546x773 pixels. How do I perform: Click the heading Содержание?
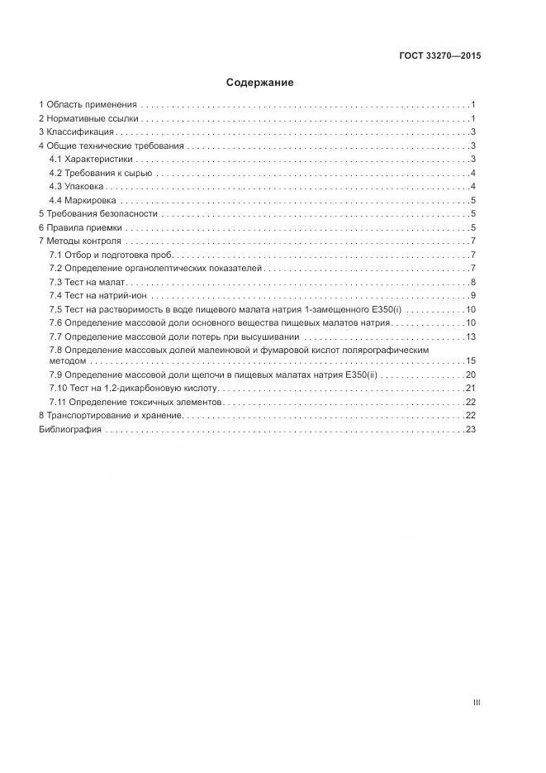click(259, 83)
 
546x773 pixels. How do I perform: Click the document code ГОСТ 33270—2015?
click(439, 56)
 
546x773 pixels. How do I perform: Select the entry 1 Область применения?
click(87, 105)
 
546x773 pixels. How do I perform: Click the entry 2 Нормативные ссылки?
click(88, 119)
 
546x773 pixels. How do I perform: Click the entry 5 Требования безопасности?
click(97, 213)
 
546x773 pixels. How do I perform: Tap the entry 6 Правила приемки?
click(80, 227)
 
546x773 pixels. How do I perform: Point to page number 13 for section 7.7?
click(471, 336)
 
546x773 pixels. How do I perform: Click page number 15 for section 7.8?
click(471, 361)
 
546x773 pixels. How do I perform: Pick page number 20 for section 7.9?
click(471, 375)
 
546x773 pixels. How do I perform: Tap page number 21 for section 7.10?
click(471, 388)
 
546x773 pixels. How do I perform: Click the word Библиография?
click(69, 429)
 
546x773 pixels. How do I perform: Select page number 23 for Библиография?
click(471, 429)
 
